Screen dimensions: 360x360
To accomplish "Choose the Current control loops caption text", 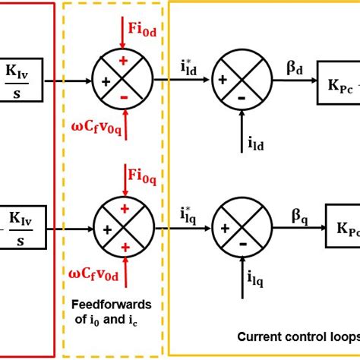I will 298,336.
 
